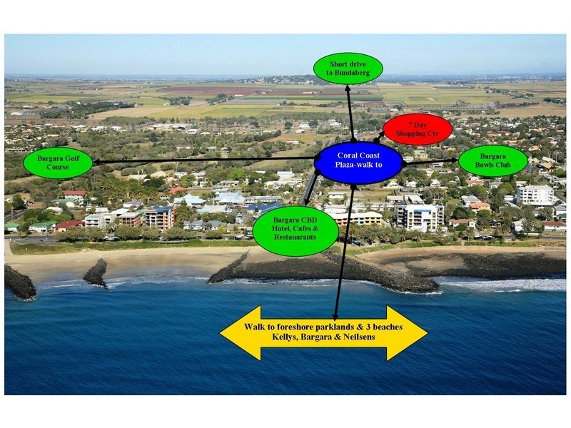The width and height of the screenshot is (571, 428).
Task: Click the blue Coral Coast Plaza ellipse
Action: pos(358,163)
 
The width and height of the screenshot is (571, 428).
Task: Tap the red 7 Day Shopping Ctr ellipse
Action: pos(417,129)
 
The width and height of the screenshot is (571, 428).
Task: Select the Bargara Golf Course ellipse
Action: pos(58,162)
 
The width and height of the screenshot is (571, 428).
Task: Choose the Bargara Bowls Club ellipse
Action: pos(492,160)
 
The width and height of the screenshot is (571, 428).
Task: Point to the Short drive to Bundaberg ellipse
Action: pos(348,68)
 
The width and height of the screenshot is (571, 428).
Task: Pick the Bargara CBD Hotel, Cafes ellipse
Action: pos(295,230)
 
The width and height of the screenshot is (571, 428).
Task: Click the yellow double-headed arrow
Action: pos(323,332)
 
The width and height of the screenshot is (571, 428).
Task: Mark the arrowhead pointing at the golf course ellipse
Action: pos(98,162)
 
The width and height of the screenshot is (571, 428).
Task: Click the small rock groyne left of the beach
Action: pos(95,273)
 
